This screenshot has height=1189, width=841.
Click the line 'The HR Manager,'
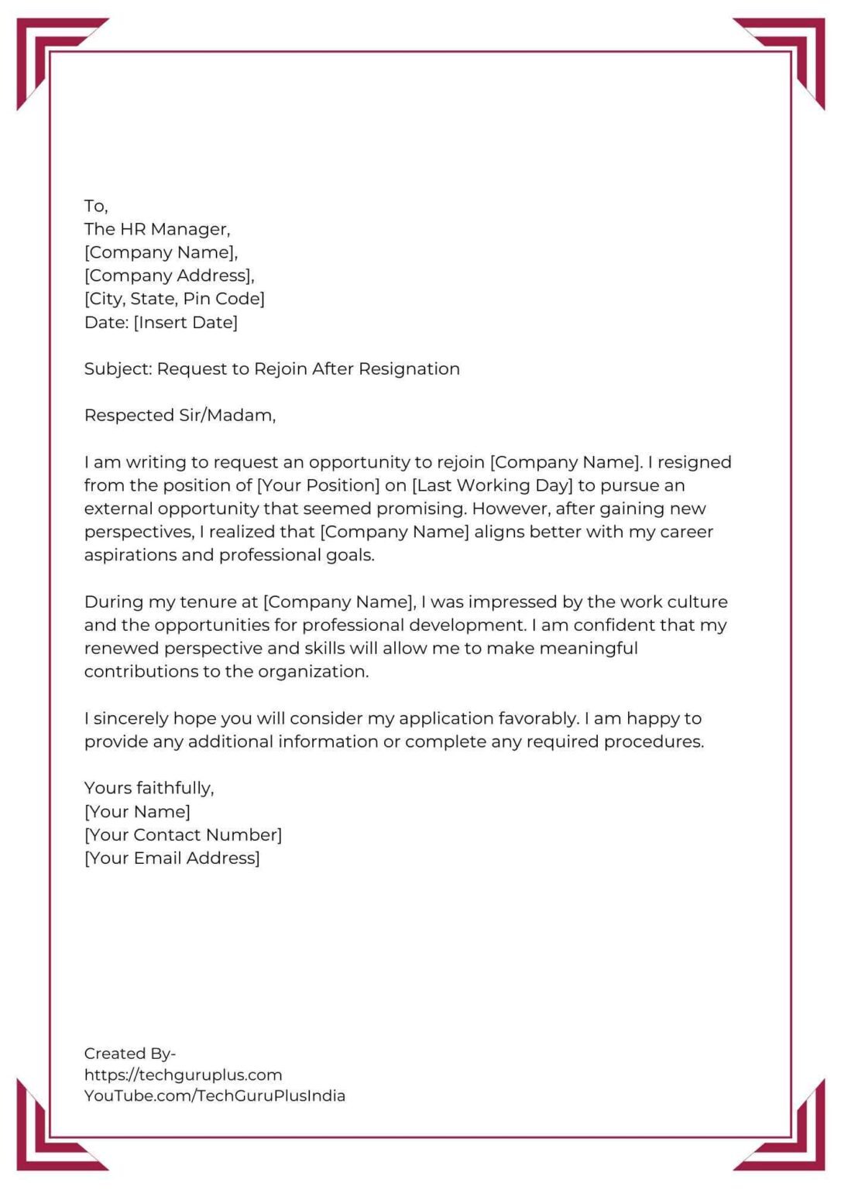click(157, 229)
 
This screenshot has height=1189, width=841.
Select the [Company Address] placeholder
click(169, 276)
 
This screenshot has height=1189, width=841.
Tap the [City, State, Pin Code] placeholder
click(174, 299)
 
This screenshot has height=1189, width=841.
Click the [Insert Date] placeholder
click(186, 322)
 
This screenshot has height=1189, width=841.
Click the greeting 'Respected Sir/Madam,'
click(180, 415)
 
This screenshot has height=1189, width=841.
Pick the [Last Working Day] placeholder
click(492, 485)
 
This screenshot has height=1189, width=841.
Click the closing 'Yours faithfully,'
click(149, 788)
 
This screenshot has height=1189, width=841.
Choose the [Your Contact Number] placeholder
click(183, 834)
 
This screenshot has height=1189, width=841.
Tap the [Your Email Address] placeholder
click(172, 858)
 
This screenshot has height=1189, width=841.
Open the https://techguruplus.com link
click(183, 1074)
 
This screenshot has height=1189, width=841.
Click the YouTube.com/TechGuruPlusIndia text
click(215, 1095)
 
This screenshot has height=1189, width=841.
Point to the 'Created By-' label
click(129, 1054)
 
